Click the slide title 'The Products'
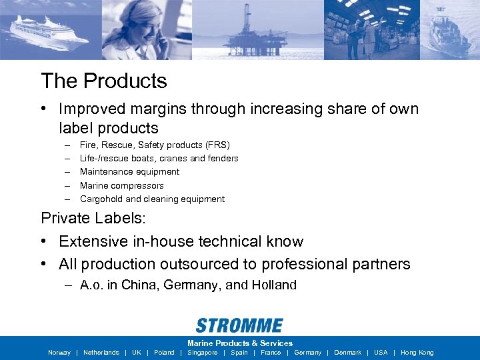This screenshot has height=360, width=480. pyautogui.click(x=104, y=81)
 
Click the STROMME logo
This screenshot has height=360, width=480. pyautogui.click(x=239, y=325)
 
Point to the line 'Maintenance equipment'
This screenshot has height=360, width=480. pyautogui.click(x=129, y=171)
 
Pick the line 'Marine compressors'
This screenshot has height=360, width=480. pyautogui.click(x=121, y=185)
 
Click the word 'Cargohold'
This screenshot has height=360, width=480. pyautogui.click(x=101, y=199)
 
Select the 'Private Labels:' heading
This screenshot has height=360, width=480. pyautogui.click(x=92, y=218)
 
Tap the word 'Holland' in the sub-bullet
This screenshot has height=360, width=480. pyautogui.click(x=274, y=285)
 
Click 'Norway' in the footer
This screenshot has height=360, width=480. pyautogui.click(x=59, y=353)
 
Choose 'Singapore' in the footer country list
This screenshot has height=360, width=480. pyautogui.click(x=203, y=353)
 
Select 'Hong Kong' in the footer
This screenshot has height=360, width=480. pyautogui.click(x=417, y=353)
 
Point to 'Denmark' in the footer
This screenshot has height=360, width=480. pyautogui.click(x=347, y=353)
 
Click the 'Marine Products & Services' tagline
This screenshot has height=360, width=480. pyautogui.click(x=240, y=343)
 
